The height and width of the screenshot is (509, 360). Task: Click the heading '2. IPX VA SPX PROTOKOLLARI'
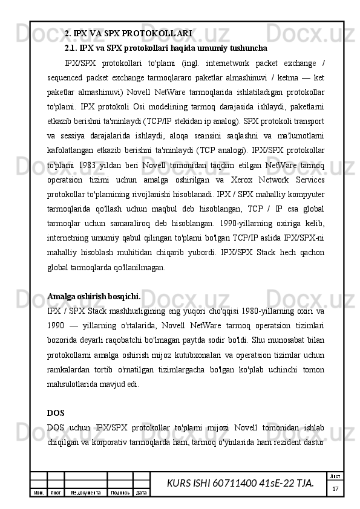tap(128, 33)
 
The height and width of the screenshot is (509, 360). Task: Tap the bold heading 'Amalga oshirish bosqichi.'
tap(94, 297)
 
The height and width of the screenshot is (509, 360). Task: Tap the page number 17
tap(334, 487)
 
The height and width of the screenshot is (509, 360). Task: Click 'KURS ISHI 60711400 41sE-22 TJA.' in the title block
tap(240, 482)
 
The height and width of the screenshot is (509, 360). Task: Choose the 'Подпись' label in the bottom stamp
tap(119, 493)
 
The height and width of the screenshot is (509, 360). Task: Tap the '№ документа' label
tap(85, 493)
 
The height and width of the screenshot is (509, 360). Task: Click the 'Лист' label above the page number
tap(334, 477)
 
